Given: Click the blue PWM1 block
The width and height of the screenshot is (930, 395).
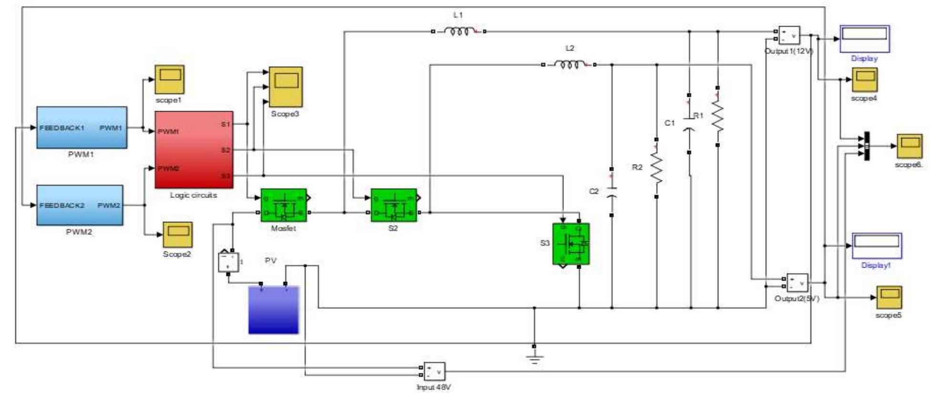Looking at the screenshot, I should pyautogui.click(x=82, y=127).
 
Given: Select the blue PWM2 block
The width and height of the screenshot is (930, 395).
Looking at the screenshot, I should pyautogui.click(x=80, y=205).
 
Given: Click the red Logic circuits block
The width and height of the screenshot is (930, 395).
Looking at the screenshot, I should pyautogui.click(x=194, y=150).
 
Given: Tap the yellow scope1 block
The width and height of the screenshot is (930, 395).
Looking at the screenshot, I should pyautogui.click(x=169, y=79).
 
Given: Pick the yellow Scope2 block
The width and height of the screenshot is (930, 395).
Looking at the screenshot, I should pyautogui.click(x=178, y=235).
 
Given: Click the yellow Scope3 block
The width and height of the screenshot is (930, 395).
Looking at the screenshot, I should pyautogui.click(x=286, y=86).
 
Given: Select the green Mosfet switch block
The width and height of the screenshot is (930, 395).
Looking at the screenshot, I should pyautogui.click(x=284, y=205).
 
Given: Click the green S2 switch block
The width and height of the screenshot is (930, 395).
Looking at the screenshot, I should pyautogui.click(x=394, y=205).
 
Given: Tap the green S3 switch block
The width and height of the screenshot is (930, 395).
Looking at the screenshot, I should pyautogui.click(x=571, y=244).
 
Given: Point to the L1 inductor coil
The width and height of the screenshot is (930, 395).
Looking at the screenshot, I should pyautogui.click(x=458, y=31).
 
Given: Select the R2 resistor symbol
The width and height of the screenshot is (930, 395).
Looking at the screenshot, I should pyautogui.click(x=656, y=168).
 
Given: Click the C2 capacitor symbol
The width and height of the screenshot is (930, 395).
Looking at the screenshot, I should pyautogui.click(x=612, y=192).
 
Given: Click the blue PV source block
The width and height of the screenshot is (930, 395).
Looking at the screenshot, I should pyautogui.click(x=274, y=310).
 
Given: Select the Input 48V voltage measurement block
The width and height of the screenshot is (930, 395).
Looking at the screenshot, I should pyautogui.click(x=434, y=371).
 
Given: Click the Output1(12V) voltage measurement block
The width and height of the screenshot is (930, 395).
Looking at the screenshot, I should pyautogui.click(x=789, y=35).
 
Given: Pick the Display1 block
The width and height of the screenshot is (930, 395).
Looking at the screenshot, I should pyautogui.click(x=877, y=246).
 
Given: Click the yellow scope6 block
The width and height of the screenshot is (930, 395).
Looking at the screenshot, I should pyautogui.click(x=910, y=146).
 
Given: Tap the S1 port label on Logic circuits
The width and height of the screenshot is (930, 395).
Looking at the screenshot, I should pyautogui.click(x=225, y=124).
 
